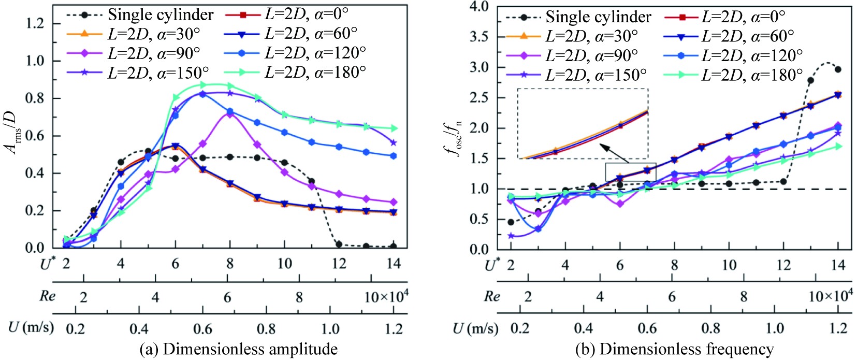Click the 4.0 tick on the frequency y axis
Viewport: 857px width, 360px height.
pyautogui.click(x=479, y=6)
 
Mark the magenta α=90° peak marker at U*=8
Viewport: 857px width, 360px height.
pyautogui.click(x=230, y=113)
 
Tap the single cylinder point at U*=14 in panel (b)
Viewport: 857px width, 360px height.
pyautogui.click(x=838, y=69)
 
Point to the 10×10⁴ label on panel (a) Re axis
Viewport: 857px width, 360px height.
pyautogui.click(x=386, y=296)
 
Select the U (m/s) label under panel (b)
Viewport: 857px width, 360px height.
pyautogui.click(x=475, y=328)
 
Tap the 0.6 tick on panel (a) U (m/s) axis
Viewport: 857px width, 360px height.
pyautogui.click(x=202, y=329)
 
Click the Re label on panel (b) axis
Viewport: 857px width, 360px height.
pyautogui.click(x=491, y=296)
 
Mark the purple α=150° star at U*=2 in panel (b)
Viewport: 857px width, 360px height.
pyautogui.click(x=511, y=236)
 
